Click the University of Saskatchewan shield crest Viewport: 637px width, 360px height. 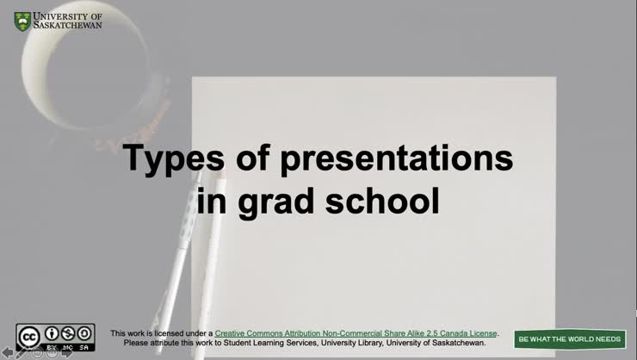coord(22,21)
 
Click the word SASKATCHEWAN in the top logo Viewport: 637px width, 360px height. coord(67,26)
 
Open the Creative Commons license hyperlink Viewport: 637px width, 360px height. coord(356,333)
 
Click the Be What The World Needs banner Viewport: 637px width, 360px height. coord(569,339)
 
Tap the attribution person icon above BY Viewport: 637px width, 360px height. coord(53,333)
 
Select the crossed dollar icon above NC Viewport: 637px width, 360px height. coord(68,333)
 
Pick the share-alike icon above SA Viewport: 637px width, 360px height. coord(84,333)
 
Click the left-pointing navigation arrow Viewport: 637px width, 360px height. coord(8,352)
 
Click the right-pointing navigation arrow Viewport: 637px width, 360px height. coord(66,352)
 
